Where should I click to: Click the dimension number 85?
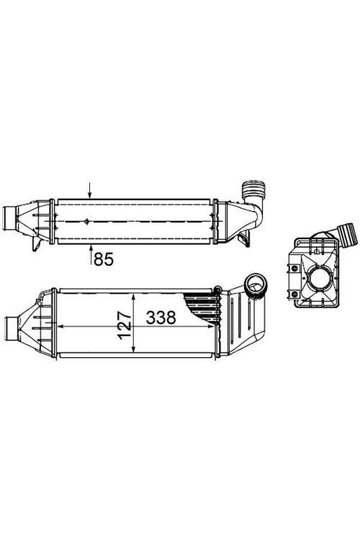click(104, 259)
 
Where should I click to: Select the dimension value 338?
click(161, 318)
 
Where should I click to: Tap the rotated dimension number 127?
click(125, 325)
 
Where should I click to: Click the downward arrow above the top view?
click(89, 191)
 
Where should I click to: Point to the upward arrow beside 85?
click(91, 254)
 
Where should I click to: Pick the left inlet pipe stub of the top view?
click(9, 219)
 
